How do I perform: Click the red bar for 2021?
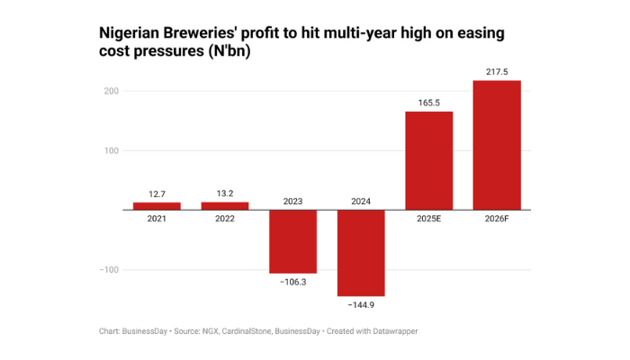tap(157, 206)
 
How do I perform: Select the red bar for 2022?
tap(224, 206)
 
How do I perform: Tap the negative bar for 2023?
tap(292, 241)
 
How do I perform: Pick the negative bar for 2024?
tap(361, 253)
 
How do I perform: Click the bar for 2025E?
tap(428, 160)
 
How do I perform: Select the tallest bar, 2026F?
tap(497, 145)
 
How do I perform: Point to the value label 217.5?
tap(497, 70)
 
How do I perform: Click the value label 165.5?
tap(428, 102)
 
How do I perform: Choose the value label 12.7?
tap(157, 193)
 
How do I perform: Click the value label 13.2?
tap(224, 193)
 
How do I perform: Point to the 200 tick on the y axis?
tap(112, 91)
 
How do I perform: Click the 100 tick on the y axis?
tap(112, 150)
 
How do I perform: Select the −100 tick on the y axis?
tap(109, 270)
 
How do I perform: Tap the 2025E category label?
tap(428, 219)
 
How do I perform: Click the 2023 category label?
tap(292, 202)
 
